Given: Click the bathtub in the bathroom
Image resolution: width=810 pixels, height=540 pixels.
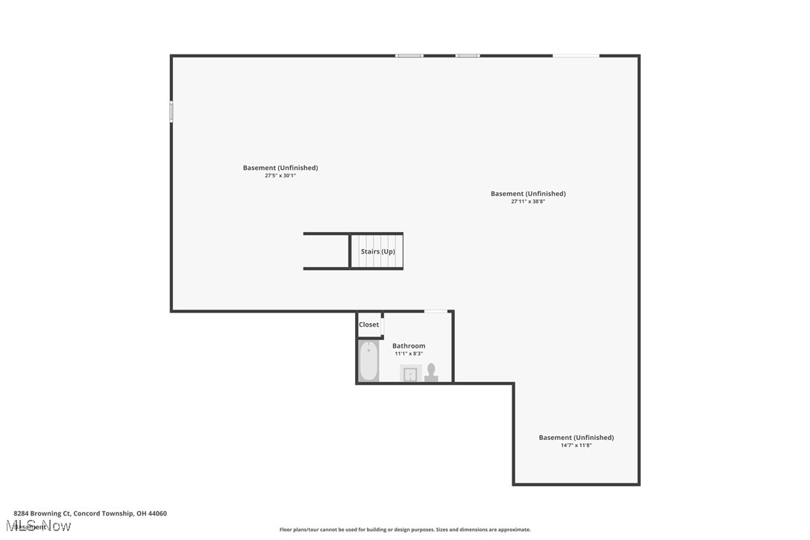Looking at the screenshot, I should (368, 361).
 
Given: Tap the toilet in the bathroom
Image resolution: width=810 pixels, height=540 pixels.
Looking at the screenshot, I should (431, 372).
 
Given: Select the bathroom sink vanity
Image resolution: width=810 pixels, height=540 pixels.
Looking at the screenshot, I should (410, 374).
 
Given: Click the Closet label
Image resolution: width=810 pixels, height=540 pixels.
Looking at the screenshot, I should (368, 324).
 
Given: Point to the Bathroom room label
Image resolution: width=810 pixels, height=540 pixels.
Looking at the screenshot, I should (409, 346).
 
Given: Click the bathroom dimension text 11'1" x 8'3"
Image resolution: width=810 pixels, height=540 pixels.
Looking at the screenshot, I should (409, 354).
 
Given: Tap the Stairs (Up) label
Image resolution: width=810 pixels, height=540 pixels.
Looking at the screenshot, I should (377, 251).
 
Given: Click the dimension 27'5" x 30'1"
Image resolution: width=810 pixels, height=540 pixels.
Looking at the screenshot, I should (280, 175).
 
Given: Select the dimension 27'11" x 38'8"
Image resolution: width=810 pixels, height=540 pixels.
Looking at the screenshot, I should (528, 201).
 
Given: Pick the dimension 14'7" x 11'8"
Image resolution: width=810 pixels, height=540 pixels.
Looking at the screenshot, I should (576, 445).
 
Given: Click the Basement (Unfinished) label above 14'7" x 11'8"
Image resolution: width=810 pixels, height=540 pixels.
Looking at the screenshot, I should (576, 438).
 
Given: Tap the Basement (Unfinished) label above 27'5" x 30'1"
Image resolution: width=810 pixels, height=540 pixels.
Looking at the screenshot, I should (280, 168).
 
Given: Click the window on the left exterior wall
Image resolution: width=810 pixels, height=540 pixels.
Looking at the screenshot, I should (172, 112).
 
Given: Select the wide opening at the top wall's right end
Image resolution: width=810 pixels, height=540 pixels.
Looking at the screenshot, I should (575, 56).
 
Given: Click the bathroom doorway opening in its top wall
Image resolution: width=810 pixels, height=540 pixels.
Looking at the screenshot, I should (436, 311).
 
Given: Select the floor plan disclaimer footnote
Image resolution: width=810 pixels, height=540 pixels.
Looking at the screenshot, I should (405, 530).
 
